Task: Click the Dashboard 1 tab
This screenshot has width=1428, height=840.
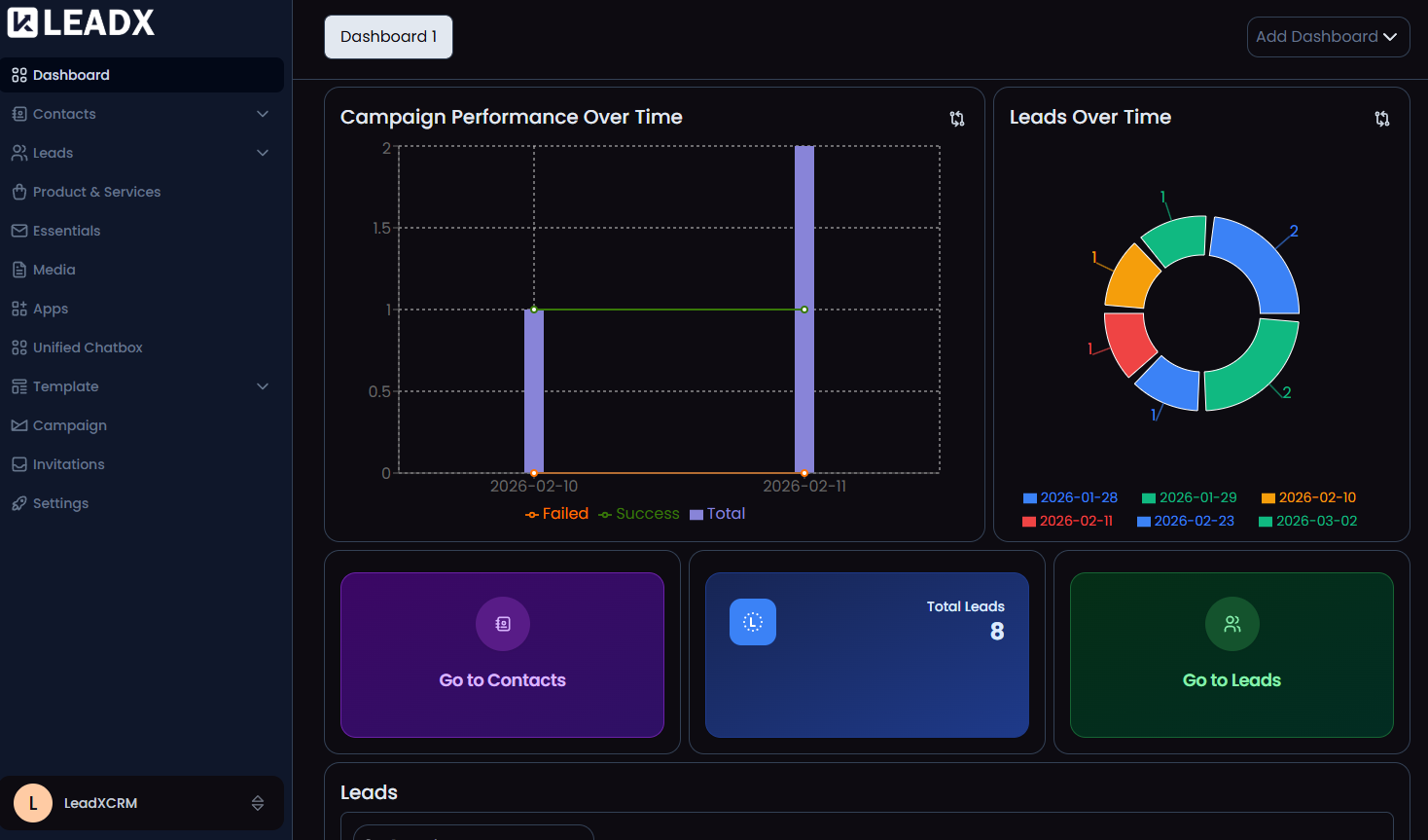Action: (x=388, y=37)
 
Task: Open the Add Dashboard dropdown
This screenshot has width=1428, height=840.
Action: (x=1327, y=37)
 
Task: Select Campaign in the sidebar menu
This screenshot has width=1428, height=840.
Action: (x=69, y=425)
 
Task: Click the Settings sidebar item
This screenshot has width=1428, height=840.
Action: (x=60, y=503)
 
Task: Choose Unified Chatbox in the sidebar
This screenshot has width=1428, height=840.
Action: (x=87, y=347)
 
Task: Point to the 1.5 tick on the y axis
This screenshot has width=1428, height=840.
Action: (x=381, y=228)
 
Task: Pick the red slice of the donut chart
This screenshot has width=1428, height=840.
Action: (x=1128, y=343)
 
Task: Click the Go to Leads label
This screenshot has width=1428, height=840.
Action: (x=1232, y=680)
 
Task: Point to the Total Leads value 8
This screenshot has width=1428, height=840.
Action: (x=997, y=632)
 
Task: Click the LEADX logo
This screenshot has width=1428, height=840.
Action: (x=82, y=22)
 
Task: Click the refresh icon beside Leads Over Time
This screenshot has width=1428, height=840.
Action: (x=1381, y=119)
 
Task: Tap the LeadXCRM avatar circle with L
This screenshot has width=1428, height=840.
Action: (x=33, y=803)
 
